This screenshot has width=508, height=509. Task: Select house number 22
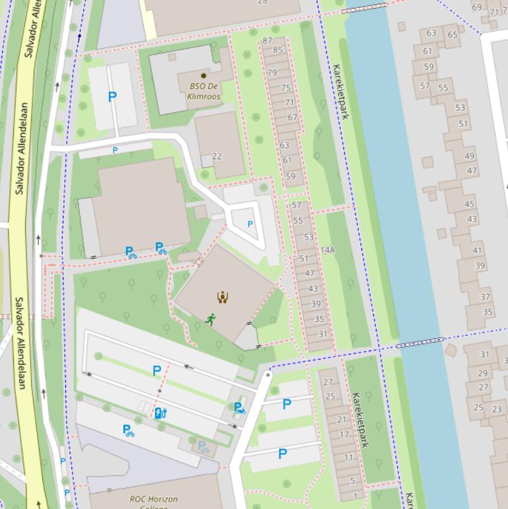217,157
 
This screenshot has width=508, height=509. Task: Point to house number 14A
328,251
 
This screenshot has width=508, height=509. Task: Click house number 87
267,40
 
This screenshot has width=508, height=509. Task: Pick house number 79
272,73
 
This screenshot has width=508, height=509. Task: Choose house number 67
292,118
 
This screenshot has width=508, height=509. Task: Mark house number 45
470,204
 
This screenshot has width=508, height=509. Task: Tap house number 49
469,156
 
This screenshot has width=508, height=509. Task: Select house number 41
477,251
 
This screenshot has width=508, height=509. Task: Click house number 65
453,35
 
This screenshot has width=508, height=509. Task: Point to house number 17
344,434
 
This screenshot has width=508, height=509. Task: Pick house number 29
483,373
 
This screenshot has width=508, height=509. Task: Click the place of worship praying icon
223,297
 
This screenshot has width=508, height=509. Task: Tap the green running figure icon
211,319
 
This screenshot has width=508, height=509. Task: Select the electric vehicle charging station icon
159,413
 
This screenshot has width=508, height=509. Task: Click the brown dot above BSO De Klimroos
203,76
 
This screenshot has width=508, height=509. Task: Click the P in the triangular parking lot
250,224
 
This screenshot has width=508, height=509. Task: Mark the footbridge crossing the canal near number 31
419,342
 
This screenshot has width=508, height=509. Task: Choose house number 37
486,297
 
